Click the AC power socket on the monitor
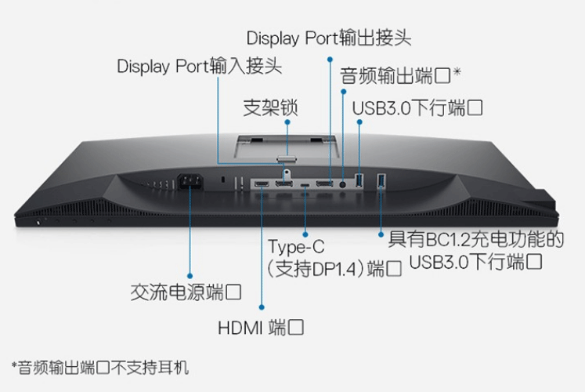tap(190, 183)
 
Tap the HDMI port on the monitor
tap(262, 184)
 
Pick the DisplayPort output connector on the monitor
tap(323, 184)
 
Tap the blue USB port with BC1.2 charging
tap(381, 182)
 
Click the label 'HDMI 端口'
tap(261, 327)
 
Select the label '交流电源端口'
tap(185, 294)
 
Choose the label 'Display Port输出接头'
tap(328, 38)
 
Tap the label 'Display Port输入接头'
tap(200, 66)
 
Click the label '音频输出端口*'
tap(399, 76)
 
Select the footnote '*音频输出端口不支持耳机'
tap(100, 366)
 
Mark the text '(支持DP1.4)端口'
tap(334, 270)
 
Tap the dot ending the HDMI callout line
tap(262, 307)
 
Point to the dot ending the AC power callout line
tap(190, 274)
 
